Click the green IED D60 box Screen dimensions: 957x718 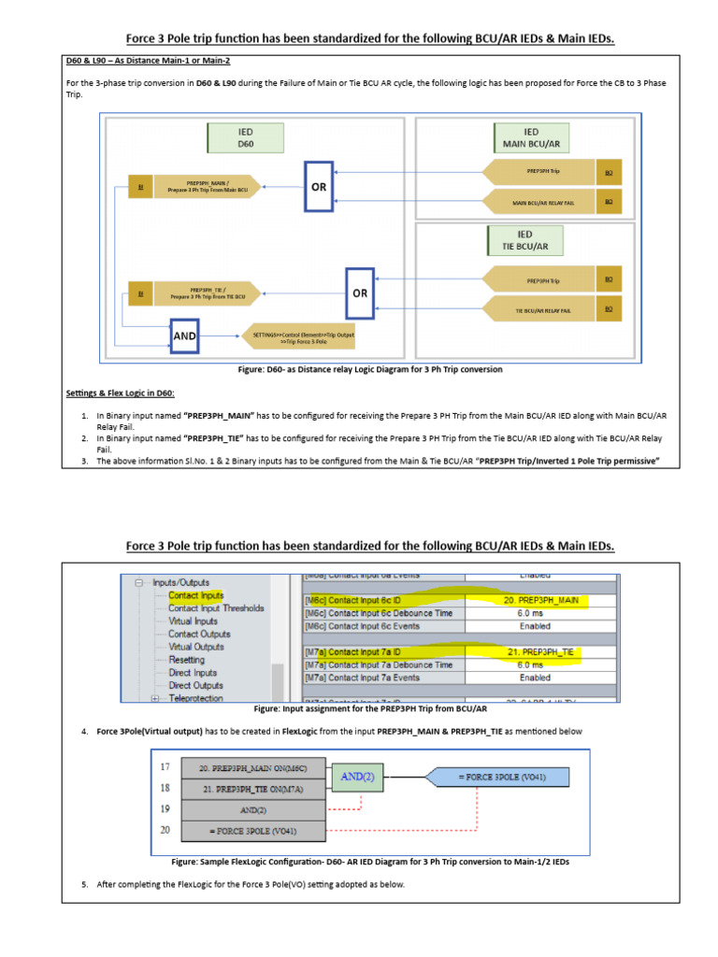(245, 139)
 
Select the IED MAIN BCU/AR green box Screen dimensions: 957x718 (530, 139)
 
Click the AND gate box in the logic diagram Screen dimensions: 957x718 (185, 336)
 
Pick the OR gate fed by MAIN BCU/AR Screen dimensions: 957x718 (319, 186)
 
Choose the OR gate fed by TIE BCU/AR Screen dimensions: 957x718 (361, 293)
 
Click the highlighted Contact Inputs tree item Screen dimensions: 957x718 (195, 594)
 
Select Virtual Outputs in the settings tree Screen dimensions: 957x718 (195, 646)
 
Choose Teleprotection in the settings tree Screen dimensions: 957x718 (195, 697)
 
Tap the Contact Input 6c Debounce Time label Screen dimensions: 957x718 (378, 613)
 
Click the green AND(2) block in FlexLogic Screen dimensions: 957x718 (359, 775)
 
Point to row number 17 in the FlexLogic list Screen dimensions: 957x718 (165, 767)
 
